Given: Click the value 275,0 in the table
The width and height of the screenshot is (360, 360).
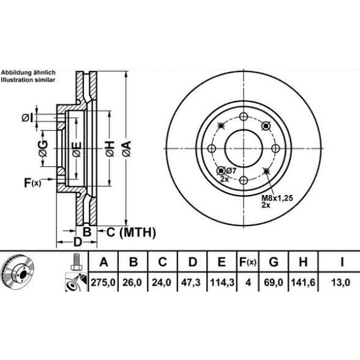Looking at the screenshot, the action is click(103, 282).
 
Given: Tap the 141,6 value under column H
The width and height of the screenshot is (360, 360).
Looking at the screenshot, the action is click(302, 282).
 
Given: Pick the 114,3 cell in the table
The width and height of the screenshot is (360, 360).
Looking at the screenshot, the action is click(222, 282).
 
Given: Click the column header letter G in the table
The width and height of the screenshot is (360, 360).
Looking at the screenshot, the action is click(274, 262).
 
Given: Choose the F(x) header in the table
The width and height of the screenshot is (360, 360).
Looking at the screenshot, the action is click(248, 262).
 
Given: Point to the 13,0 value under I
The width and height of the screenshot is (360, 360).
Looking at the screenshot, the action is click(341, 282).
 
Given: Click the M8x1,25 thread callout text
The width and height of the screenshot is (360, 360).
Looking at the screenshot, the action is click(278, 197).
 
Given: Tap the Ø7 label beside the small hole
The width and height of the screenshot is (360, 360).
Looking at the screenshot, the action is click(231, 171).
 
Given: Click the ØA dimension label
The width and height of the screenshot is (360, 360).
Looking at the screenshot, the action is click(127, 149).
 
